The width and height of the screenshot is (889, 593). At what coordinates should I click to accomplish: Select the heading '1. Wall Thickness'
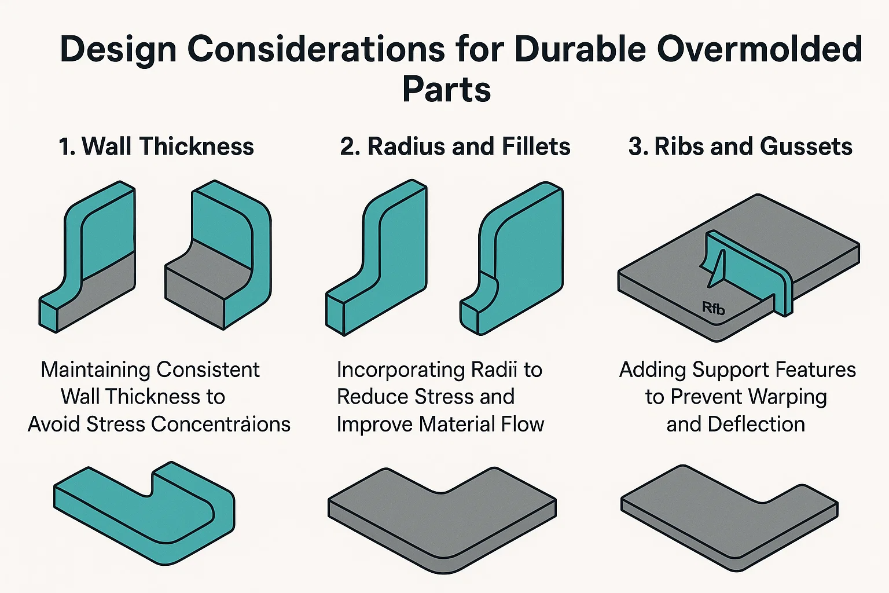pyautogui.click(x=156, y=147)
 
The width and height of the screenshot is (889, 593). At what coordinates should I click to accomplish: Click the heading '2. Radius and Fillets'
pyautogui.click(x=455, y=147)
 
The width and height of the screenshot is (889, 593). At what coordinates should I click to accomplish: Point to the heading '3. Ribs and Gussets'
pyautogui.click(x=740, y=147)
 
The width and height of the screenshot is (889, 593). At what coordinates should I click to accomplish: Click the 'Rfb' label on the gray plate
pyautogui.click(x=713, y=308)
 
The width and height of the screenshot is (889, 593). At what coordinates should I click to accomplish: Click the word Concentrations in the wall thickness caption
pyautogui.click(x=221, y=424)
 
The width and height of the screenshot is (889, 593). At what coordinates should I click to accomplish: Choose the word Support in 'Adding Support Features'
pyautogui.click(x=730, y=369)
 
